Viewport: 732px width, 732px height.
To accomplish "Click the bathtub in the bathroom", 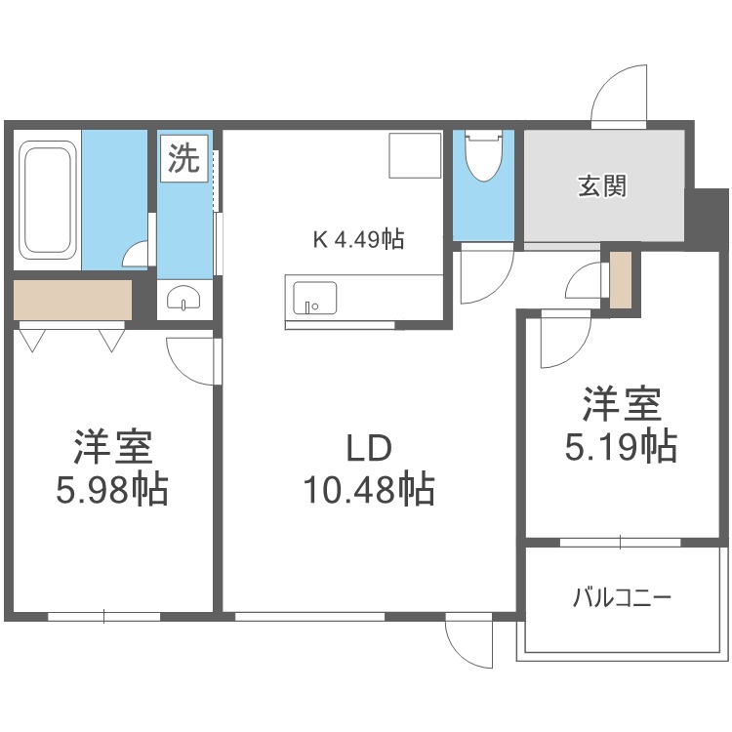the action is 47,200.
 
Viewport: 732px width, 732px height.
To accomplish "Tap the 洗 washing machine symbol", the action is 183,158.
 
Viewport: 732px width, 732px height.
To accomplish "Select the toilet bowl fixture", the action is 484,155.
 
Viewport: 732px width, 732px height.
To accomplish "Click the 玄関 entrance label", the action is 602,185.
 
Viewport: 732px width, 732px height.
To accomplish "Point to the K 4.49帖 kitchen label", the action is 358,239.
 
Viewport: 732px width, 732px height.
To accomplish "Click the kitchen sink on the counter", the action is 314,299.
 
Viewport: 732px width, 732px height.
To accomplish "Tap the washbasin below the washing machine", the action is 184,299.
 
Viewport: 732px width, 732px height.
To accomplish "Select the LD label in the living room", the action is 368,448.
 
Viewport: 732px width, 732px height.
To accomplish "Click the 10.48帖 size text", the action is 369,489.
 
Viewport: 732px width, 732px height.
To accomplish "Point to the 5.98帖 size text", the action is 112,489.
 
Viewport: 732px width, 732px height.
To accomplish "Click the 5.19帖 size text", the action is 621,447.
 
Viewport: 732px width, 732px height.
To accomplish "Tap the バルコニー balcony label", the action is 622,597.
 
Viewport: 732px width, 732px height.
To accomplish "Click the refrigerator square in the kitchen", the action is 415,155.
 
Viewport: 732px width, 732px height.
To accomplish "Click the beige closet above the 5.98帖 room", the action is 72,300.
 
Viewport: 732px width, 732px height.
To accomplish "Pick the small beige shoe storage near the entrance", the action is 621,279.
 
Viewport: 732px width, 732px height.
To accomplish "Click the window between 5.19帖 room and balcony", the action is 621,543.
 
